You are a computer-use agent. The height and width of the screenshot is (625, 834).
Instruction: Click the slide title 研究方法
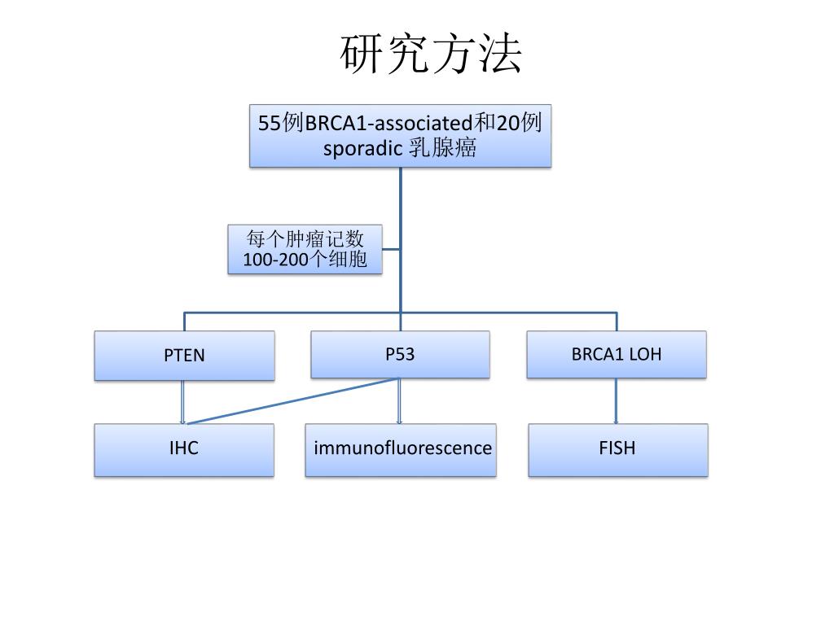431,55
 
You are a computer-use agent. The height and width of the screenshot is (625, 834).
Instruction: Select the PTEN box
185,356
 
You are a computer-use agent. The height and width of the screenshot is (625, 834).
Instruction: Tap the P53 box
400,354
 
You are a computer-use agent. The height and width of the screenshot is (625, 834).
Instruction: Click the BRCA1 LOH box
617,354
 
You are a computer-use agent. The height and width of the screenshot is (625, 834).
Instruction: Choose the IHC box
184,448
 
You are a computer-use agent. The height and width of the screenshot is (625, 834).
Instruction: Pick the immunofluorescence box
401,448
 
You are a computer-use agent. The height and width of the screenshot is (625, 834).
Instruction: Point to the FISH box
617,448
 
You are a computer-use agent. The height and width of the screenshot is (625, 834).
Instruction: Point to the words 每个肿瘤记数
305,239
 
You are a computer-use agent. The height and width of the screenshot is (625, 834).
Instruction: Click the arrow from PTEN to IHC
182,401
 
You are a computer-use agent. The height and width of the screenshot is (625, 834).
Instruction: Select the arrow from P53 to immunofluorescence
399,401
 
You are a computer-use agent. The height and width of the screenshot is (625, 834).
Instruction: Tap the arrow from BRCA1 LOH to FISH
616,401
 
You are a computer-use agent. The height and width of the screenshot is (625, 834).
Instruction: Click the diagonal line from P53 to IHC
293,401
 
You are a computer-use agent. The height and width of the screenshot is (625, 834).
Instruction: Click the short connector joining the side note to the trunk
391,249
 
